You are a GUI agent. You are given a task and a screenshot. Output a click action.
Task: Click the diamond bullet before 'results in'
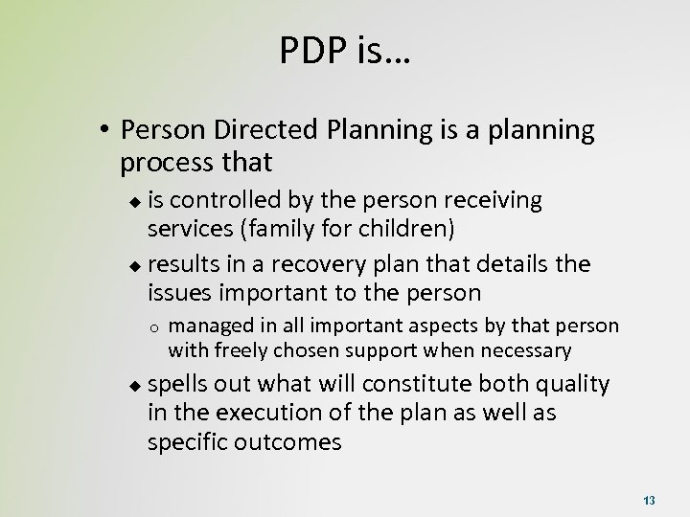[134, 264]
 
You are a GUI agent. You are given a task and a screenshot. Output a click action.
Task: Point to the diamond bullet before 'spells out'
[134, 385]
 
